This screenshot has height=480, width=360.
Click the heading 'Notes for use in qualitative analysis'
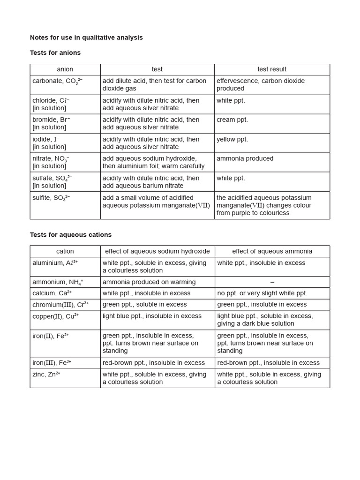86,37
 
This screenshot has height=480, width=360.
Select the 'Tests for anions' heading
55,53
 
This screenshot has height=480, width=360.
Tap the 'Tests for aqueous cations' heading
71,235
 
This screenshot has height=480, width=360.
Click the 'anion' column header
65,69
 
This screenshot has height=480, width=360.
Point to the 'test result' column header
272,69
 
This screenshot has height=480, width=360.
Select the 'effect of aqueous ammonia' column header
272,251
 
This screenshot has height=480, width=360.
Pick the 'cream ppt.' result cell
232,120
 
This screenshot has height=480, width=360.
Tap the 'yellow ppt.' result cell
232,140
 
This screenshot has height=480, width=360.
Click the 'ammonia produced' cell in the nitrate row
245,159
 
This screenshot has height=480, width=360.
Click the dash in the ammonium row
272,282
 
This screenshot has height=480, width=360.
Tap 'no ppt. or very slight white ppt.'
262,293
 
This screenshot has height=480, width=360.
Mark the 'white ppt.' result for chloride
231,101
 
